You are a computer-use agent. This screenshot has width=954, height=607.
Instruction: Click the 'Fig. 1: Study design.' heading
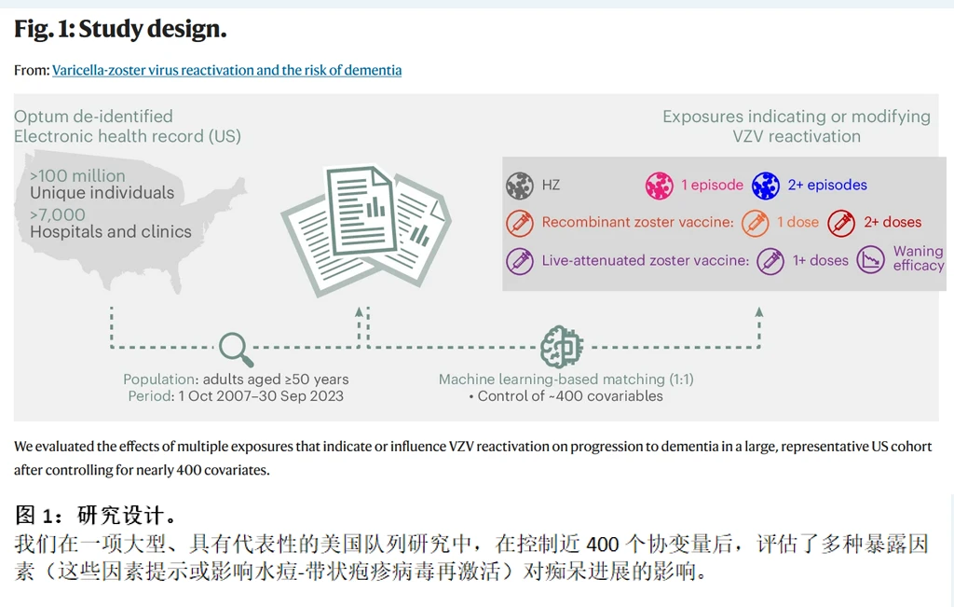pyautogui.click(x=120, y=30)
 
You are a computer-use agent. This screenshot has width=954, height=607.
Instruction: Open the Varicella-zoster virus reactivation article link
pyautogui.click(x=226, y=70)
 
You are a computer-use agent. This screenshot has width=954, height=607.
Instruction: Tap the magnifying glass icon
pyautogui.click(x=236, y=349)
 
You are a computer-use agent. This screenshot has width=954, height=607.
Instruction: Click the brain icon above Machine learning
pyautogui.click(x=562, y=348)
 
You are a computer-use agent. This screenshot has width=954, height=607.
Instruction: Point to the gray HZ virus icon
pyautogui.click(x=520, y=185)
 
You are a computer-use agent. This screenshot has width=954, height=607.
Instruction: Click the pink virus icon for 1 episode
pyautogui.click(x=660, y=185)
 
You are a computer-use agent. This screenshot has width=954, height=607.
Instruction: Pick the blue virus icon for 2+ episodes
pyautogui.click(x=766, y=185)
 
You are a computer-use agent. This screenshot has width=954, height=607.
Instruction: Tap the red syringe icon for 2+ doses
pyautogui.click(x=841, y=223)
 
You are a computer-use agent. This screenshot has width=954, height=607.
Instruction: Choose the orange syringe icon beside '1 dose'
pyautogui.click(x=766, y=223)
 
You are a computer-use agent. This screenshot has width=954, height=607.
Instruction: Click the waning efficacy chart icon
pyautogui.click(x=870, y=260)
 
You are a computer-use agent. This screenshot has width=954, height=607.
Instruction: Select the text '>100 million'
pyautogui.click(x=77, y=175)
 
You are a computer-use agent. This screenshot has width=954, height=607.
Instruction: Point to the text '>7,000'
pyautogui.click(x=58, y=214)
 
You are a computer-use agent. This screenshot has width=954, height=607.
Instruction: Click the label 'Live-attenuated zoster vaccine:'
pyautogui.click(x=645, y=261)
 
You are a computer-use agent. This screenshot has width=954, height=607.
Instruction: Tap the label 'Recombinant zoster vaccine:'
pyautogui.click(x=637, y=223)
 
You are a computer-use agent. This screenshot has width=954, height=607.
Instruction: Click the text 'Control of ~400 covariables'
pyautogui.click(x=570, y=395)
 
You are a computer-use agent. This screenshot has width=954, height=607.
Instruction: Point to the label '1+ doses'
pyautogui.click(x=820, y=261)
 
